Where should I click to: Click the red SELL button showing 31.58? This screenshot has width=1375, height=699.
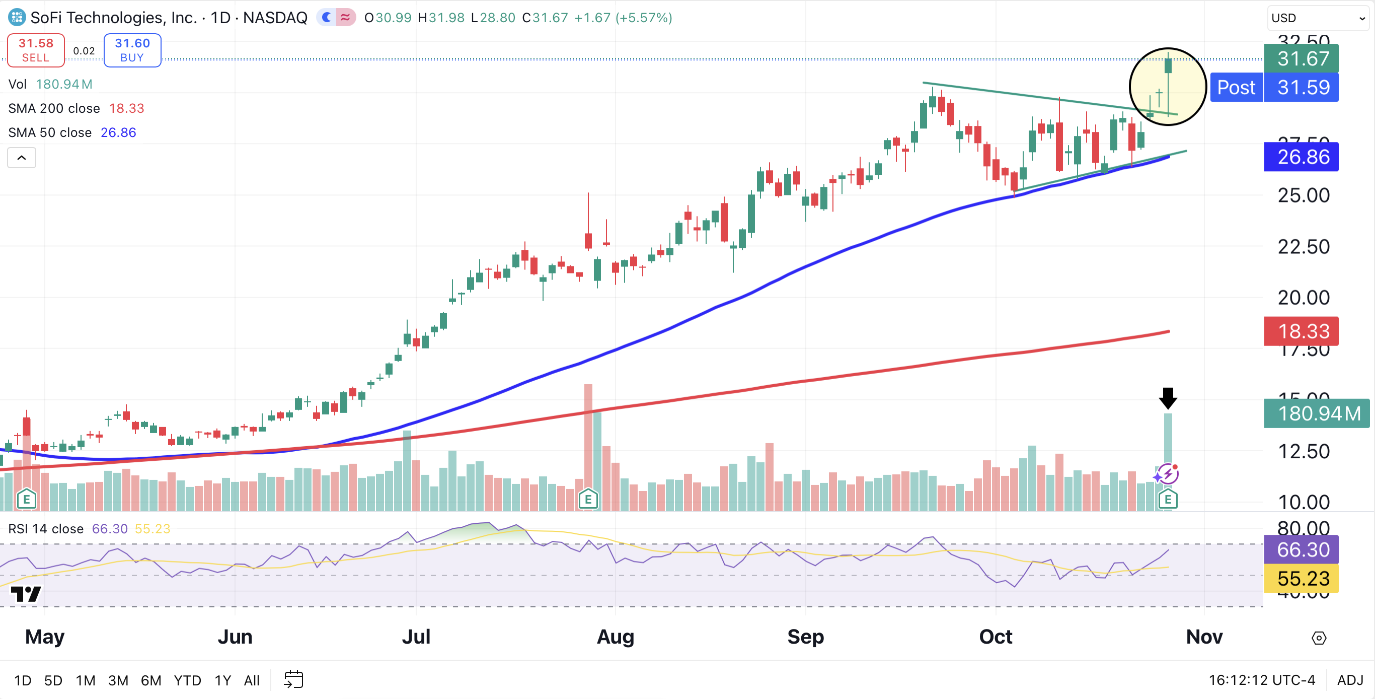pyautogui.click(x=36, y=50)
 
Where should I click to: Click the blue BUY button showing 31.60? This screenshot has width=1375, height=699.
pyautogui.click(x=132, y=50)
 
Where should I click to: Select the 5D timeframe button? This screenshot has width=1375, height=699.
pyautogui.click(x=53, y=680)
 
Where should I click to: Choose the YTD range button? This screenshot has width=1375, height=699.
pyautogui.click(x=187, y=680)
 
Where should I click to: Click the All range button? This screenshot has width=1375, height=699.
pyautogui.click(x=252, y=680)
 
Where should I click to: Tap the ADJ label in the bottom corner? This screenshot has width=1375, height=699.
pyautogui.click(x=1350, y=680)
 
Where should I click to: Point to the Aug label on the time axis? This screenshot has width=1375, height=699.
pyautogui.click(x=615, y=637)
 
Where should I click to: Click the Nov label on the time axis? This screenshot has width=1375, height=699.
pyautogui.click(x=1204, y=637)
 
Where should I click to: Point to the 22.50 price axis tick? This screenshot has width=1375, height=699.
pyautogui.click(x=1303, y=247)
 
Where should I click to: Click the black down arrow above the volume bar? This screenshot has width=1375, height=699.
pyautogui.click(x=1168, y=398)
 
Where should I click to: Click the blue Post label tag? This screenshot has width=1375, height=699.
pyautogui.click(x=1236, y=88)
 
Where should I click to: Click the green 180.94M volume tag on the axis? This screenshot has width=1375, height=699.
pyautogui.click(x=1316, y=413)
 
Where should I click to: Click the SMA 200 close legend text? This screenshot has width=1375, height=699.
pyautogui.click(x=54, y=108)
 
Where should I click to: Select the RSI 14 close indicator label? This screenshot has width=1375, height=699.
pyautogui.click(x=46, y=529)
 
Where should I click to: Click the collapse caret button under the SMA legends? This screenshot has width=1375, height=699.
pyautogui.click(x=21, y=158)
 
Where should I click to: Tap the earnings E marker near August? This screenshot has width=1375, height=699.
pyautogui.click(x=588, y=499)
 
